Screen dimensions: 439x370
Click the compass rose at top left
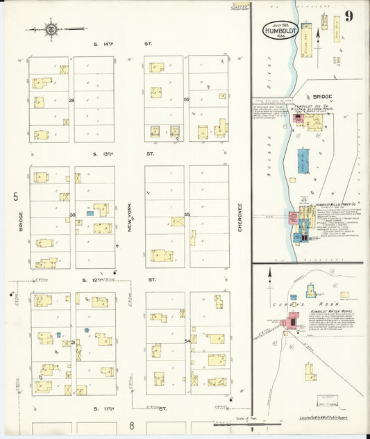pyautogui.click(x=51, y=29)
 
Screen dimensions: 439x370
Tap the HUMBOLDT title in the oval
pyautogui.click(x=280, y=30)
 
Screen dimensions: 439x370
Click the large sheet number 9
pyautogui.click(x=348, y=16)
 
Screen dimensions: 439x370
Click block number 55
pyautogui.click(x=187, y=215)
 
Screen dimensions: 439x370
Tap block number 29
pyautogui.click(x=72, y=101)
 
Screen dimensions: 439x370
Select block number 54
pyautogui.click(x=187, y=341)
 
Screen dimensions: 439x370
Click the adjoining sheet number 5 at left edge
pyautogui.click(x=15, y=197)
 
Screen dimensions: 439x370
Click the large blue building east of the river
pyautogui.click(x=304, y=160)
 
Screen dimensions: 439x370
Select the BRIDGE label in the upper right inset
pyautogui.click(x=322, y=97)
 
